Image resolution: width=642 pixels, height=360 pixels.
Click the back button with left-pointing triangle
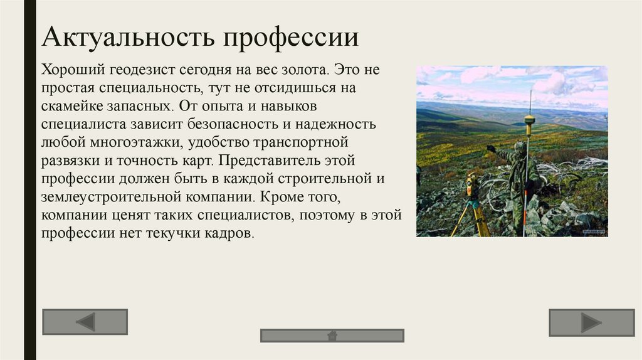point(85,322)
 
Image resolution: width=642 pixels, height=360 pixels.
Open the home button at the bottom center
point(332,336)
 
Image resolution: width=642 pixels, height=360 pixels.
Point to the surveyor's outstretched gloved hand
point(490,148)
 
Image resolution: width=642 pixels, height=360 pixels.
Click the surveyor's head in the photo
point(519,147)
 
